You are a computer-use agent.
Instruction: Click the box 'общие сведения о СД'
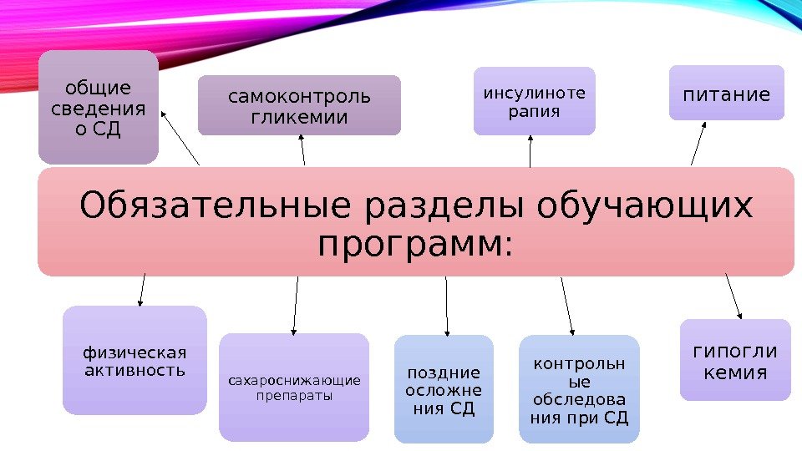(98, 106)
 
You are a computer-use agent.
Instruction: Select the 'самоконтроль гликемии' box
(299, 106)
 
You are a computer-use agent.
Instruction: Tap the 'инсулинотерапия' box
(535, 101)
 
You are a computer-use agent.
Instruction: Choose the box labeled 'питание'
(727, 94)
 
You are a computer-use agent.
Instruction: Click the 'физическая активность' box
(135, 361)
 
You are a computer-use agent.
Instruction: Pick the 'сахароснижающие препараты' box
(294, 388)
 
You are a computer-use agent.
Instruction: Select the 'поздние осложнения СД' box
(444, 389)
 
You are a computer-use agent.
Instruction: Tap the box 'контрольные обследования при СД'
(579, 389)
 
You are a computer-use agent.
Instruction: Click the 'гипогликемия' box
(735, 361)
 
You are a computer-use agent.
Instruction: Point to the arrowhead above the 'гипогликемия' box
(739, 314)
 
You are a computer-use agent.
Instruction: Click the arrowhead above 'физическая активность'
(140, 302)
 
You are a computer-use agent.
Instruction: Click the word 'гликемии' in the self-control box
(299, 118)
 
